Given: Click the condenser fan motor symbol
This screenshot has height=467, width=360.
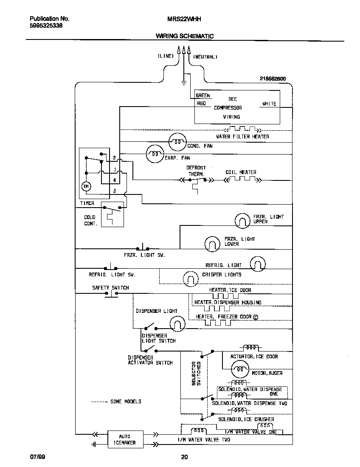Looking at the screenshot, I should (x=177, y=142).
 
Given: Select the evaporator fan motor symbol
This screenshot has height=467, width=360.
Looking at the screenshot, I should (x=155, y=154).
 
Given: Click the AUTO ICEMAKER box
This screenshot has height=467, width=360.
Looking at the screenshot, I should (x=125, y=439).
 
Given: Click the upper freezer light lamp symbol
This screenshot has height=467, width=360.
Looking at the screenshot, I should (x=243, y=220).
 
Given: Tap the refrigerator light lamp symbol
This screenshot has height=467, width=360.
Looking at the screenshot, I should (x=258, y=264).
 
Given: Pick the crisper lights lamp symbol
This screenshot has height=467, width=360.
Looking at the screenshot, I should (x=191, y=278).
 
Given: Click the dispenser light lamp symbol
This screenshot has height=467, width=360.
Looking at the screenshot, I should (x=178, y=324).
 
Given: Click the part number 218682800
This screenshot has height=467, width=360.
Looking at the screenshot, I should (x=273, y=79).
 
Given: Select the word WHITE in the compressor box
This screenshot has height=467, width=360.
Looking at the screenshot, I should (x=269, y=104).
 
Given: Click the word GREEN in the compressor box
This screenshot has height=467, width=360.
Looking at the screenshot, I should (x=203, y=96).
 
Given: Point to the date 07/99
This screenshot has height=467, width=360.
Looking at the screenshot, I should (x=37, y=457).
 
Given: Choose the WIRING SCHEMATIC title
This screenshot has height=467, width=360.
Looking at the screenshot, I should (x=184, y=37).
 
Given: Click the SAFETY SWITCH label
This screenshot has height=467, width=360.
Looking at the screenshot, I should (x=110, y=287).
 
